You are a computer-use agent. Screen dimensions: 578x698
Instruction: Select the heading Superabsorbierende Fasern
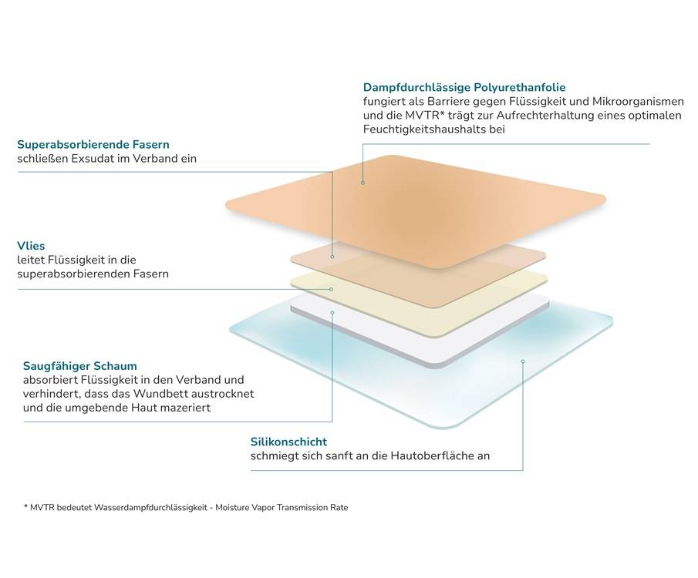(93, 144)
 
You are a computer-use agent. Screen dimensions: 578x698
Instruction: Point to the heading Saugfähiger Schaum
(80, 365)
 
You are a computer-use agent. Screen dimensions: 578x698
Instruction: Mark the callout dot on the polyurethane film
(362, 183)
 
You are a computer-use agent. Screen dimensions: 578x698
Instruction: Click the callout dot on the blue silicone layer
(522, 361)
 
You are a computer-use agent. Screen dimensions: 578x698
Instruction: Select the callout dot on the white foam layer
(332, 313)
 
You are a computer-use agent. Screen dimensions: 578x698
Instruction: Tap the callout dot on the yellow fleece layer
(332, 289)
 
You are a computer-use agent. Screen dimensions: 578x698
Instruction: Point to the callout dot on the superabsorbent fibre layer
(332, 257)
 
